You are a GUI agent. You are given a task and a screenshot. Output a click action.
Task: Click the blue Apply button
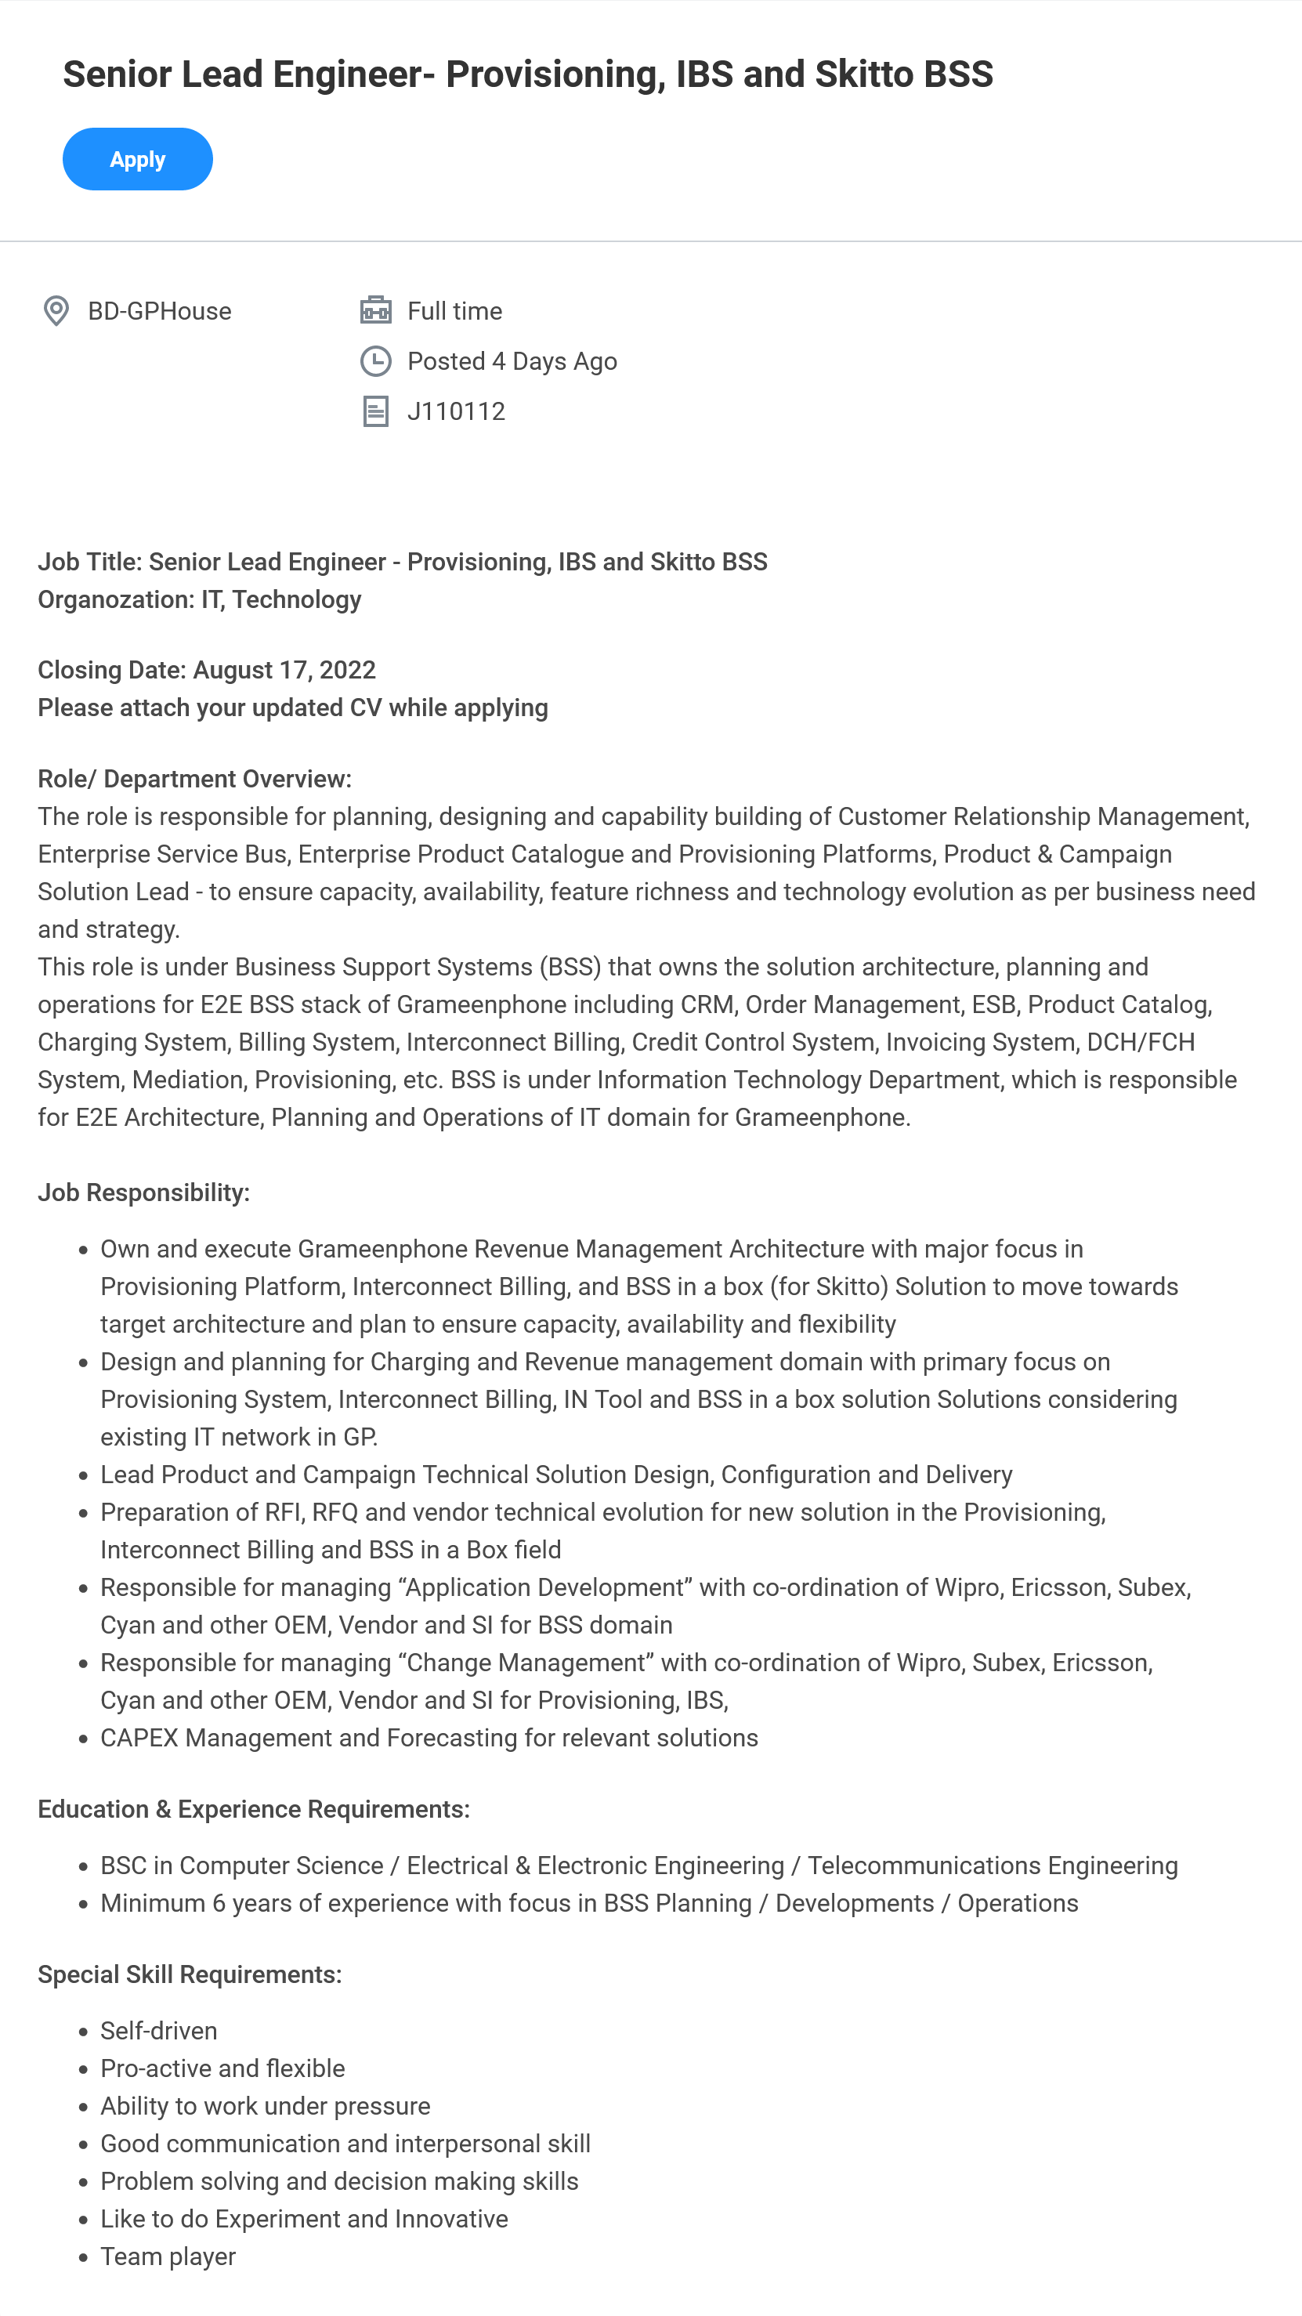point(138,159)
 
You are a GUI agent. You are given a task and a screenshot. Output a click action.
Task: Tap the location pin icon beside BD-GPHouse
point(56,311)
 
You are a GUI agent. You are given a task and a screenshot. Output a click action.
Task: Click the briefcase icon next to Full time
point(376,310)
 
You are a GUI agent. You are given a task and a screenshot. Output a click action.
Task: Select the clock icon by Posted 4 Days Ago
point(376,361)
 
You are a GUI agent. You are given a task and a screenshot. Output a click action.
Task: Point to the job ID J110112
point(456,412)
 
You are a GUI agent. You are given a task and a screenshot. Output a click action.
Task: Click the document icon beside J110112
point(376,412)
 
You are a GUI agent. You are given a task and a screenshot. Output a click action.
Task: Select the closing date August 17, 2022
point(284,670)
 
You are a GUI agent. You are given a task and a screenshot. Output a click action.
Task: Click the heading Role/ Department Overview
point(194,779)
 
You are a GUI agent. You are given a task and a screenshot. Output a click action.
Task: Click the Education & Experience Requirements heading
point(254,1809)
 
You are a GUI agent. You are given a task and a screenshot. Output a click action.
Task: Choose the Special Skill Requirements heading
point(190,1974)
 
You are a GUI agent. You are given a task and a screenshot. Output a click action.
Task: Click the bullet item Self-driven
point(159,2031)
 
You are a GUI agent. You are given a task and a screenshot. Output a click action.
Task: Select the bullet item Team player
point(168,2256)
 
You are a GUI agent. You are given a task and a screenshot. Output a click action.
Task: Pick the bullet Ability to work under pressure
point(266,2107)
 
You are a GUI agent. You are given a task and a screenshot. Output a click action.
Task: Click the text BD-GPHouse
point(159,311)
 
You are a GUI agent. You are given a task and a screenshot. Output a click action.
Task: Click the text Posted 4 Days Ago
point(512,361)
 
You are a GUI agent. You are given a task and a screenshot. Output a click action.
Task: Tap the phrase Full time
point(454,311)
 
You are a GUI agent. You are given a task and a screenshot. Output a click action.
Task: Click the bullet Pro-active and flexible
point(222,2068)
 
